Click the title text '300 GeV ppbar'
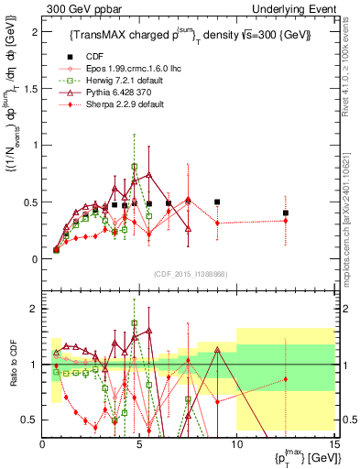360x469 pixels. coord(78,8)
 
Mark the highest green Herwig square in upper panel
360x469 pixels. coord(135,167)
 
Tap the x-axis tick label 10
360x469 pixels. coord(237,445)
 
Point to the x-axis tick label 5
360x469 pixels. coord(139,445)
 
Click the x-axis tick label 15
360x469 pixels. coord(333,445)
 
